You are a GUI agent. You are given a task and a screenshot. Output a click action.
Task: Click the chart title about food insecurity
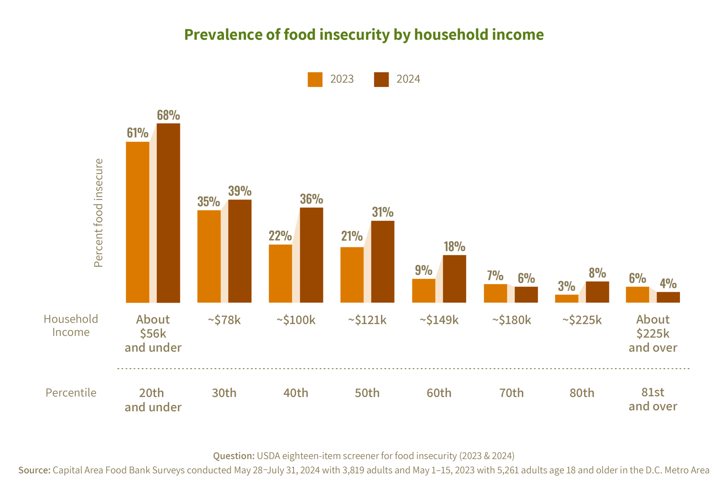(x=364, y=35)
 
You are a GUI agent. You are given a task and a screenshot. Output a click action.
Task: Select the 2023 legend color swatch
(x=315, y=80)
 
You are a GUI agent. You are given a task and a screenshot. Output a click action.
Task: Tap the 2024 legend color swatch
(x=381, y=80)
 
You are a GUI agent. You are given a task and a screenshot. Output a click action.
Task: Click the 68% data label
(x=168, y=115)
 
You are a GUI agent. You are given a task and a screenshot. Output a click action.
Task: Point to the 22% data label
(x=280, y=236)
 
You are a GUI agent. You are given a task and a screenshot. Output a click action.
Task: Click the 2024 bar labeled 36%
(x=312, y=255)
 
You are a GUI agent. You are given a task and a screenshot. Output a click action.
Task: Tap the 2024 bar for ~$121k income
(x=383, y=261)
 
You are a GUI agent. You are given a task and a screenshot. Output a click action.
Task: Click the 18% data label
(x=454, y=246)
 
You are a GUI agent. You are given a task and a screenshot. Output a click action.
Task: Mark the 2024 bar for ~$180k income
(x=526, y=294)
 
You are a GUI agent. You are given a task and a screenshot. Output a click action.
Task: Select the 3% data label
(x=566, y=286)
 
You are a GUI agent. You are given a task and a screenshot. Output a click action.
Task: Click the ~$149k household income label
(x=439, y=320)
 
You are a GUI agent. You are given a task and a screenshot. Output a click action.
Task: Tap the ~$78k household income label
(x=224, y=320)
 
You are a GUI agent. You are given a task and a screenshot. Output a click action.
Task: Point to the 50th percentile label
(x=367, y=393)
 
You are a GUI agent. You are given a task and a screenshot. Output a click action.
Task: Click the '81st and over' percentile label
(x=653, y=399)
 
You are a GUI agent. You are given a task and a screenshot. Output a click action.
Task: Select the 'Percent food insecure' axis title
(x=98, y=213)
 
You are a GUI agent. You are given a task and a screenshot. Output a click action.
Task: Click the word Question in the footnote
(x=234, y=456)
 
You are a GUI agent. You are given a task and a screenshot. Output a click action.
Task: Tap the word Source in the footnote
(x=34, y=470)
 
